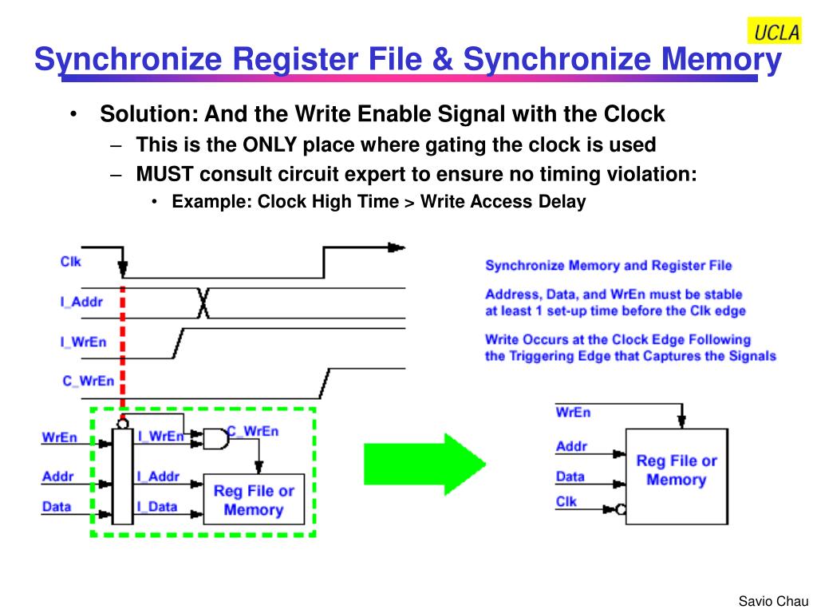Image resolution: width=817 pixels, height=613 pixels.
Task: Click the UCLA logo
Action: click(773, 31)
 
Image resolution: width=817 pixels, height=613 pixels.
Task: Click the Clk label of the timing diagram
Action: click(70, 261)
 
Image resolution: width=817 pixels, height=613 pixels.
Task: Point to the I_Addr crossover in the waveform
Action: click(203, 303)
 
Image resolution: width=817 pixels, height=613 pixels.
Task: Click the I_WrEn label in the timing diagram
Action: click(83, 342)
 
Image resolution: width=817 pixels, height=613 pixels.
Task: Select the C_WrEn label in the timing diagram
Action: click(88, 381)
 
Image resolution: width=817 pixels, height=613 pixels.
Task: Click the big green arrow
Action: click(414, 464)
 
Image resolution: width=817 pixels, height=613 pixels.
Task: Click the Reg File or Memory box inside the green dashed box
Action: click(254, 500)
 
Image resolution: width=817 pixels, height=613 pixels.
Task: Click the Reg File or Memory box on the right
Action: click(676, 470)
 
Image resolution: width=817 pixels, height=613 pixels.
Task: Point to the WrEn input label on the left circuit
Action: click(59, 437)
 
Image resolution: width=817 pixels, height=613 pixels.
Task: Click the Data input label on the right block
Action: click(570, 477)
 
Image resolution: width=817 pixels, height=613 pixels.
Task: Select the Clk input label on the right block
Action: click(566, 501)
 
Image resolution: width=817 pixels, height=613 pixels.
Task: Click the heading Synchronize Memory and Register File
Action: click(608, 265)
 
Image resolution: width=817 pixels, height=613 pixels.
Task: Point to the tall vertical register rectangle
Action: click(122, 476)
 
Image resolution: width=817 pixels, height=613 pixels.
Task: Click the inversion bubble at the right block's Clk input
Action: click(621, 508)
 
